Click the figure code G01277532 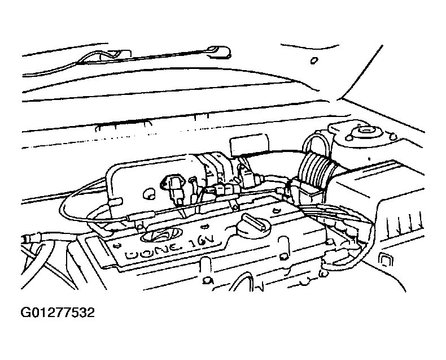(58, 313)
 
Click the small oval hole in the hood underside (314, 60)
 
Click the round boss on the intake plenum (148, 193)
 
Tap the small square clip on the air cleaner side (386, 259)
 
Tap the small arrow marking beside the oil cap (204, 227)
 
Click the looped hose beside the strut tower (316, 145)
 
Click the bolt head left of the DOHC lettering (117, 245)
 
